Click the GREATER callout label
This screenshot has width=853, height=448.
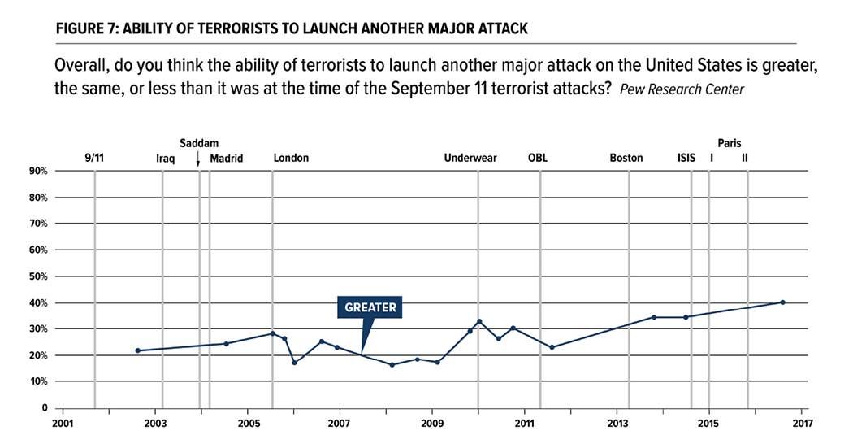pos(370,307)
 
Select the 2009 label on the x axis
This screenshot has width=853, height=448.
pos(432,423)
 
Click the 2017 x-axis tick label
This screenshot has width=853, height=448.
pos(802,423)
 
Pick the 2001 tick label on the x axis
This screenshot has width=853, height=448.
pos(63,423)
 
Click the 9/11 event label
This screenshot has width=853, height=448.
pos(94,158)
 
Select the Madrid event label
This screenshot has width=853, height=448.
pos(227,158)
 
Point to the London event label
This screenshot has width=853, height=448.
pos(291,158)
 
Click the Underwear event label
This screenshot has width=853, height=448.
pos(470,158)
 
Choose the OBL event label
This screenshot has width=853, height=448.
pos(538,158)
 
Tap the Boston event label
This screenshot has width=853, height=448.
pos(626,158)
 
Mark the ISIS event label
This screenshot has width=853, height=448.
pos(686,158)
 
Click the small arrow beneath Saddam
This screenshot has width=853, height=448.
pos(198,159)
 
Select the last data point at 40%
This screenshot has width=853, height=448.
pos(782,302)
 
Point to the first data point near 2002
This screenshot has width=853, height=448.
pos(137,350)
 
